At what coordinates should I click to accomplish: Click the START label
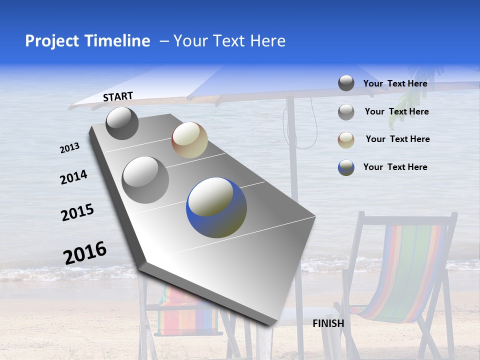(x=118, y=96)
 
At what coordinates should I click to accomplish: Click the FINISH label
(x=328, y=323)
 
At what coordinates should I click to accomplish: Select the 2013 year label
(x=69, y=148)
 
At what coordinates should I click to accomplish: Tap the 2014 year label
(x=73, y=177)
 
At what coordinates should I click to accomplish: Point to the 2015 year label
(x=77, y=212)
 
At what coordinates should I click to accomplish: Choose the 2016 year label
(x=85, y=252)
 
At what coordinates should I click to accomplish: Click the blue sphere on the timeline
(x=216, y=207)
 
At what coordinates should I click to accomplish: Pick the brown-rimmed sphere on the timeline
(x=189, y=140)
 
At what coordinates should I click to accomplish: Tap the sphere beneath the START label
(x=122, y=123)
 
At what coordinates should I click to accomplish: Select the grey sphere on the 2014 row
(x=145, y=179)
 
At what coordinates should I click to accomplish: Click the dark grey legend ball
(x=346, y=83)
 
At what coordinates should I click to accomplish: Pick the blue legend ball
(x=346, y=167)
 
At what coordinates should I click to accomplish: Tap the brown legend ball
(x=346, y=140)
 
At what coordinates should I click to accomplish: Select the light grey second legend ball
(x=346, y=112)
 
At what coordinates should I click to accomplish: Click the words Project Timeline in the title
(x=87, y=41)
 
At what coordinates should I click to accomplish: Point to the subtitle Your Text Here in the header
(x=229, y=41)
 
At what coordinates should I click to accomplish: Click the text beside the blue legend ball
(x=395, y=167)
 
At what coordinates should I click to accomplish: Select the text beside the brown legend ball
(x=397, y=139)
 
